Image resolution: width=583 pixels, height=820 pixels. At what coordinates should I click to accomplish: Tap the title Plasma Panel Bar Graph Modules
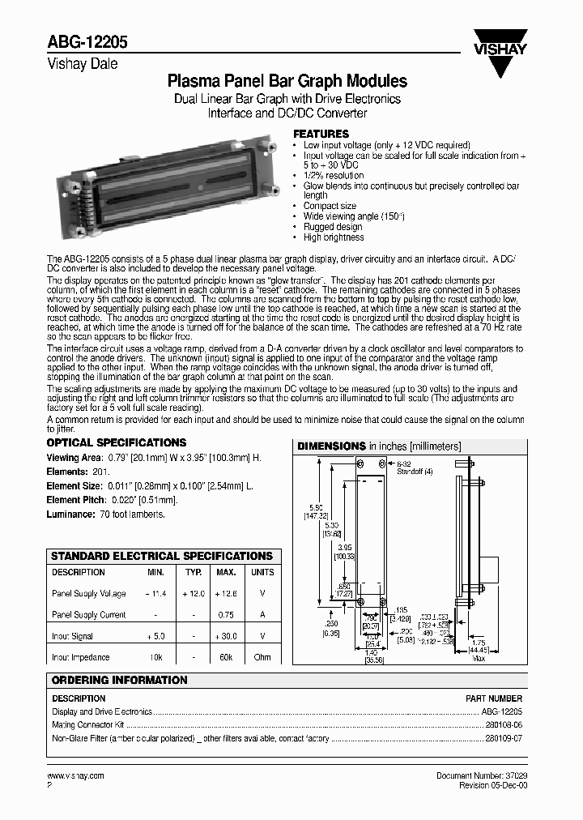(287, 82)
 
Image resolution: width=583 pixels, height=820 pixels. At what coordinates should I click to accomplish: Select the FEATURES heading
(321, 134)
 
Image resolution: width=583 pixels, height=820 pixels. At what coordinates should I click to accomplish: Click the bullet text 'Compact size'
(330, 207)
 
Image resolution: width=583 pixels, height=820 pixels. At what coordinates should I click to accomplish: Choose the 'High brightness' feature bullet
(334, 237)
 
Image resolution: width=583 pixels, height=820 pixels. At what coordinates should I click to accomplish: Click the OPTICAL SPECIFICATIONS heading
(117, 443)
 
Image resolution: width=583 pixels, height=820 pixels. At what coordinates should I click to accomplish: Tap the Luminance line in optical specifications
(105, 515)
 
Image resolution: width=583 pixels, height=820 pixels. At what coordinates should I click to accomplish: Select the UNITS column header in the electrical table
(262, 572)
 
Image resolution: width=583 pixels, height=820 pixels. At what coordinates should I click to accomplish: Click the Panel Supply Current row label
(89, 615)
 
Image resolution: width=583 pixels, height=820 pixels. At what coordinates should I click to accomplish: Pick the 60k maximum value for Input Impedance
(226, 657)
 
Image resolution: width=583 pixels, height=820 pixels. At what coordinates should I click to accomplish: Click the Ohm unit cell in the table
(262, 657)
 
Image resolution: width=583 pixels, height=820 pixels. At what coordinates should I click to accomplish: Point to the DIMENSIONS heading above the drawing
(332, 446)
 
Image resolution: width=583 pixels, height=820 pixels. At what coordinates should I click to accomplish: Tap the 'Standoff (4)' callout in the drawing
(411, 471)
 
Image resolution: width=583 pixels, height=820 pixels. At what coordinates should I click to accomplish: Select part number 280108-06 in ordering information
(504, 725)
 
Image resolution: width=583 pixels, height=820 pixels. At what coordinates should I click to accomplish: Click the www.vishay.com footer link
(76, 775)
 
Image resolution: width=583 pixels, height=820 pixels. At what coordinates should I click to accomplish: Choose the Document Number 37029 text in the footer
(481, 775)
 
